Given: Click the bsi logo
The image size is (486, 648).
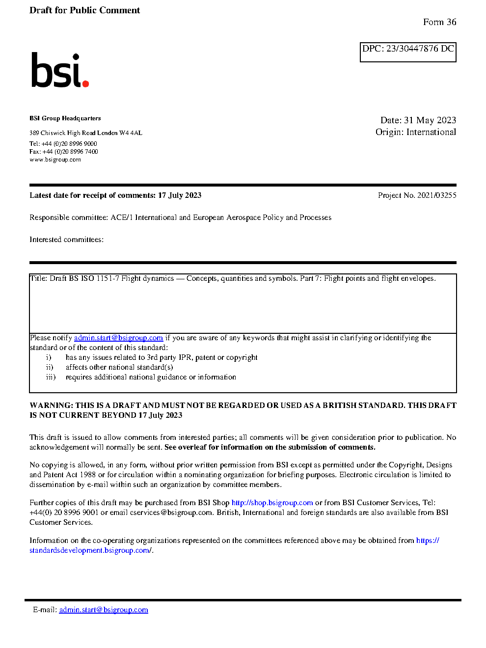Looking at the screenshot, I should tap(59, 70).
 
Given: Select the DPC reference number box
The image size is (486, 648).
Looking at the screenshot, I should tap(408, 52).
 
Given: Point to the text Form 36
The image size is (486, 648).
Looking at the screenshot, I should tap(439, 22).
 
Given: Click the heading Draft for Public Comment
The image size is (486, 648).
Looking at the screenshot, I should tap(84, 10).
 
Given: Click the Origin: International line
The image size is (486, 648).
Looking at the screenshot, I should tap(415, 132).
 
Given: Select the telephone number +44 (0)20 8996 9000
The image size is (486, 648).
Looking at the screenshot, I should tap(69, 144).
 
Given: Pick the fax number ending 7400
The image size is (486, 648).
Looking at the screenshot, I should tap(70, 152).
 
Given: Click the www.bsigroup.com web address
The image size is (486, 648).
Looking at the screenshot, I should tap(55, 160).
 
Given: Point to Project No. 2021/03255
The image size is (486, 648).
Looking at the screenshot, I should tap(417, 195).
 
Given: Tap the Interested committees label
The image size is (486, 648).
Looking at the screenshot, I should tap(66, 240).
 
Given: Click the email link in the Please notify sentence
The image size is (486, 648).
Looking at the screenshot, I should tap(118, 338).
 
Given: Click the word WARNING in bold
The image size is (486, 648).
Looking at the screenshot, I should tap(51, 405).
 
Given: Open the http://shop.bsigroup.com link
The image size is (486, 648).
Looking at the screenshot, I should tap(272, 503).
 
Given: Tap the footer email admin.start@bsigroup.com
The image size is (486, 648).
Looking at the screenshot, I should tap(104, 610).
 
